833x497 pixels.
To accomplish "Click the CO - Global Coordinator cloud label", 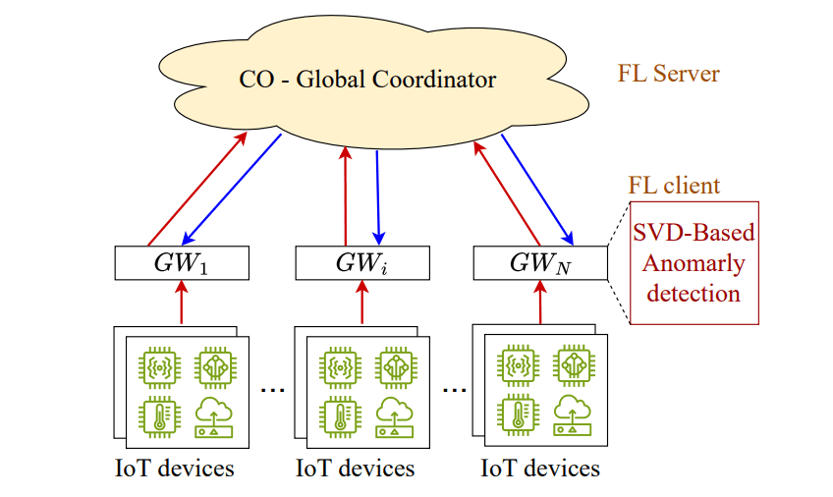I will coord(367,80).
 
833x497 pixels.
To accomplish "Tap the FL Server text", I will coord(668,74).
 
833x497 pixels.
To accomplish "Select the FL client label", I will coord(674,186).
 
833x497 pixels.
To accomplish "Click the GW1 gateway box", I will coord(182,262).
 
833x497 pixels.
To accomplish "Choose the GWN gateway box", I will coord(539,262).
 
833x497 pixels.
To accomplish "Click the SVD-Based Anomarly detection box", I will coord(694,263).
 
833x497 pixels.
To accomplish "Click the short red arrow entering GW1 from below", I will coord(182,301).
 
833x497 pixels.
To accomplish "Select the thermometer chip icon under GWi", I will coord(338,414).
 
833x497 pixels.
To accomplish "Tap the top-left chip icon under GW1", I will coord(158,366).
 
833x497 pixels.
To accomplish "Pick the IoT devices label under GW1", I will coord(175,468).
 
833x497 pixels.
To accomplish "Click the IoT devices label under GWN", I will coord(540,468).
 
